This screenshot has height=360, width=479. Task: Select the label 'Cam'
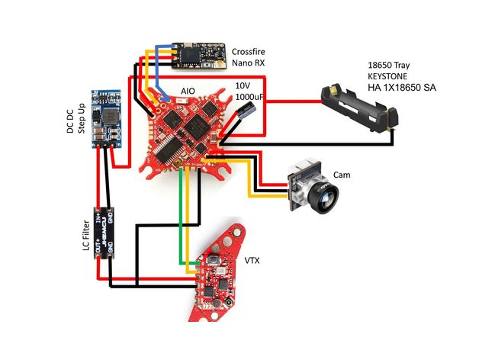pos(342,175)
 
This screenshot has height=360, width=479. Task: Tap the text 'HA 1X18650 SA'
pos(406,88)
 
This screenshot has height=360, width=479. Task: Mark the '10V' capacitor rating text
pos(243,86)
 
